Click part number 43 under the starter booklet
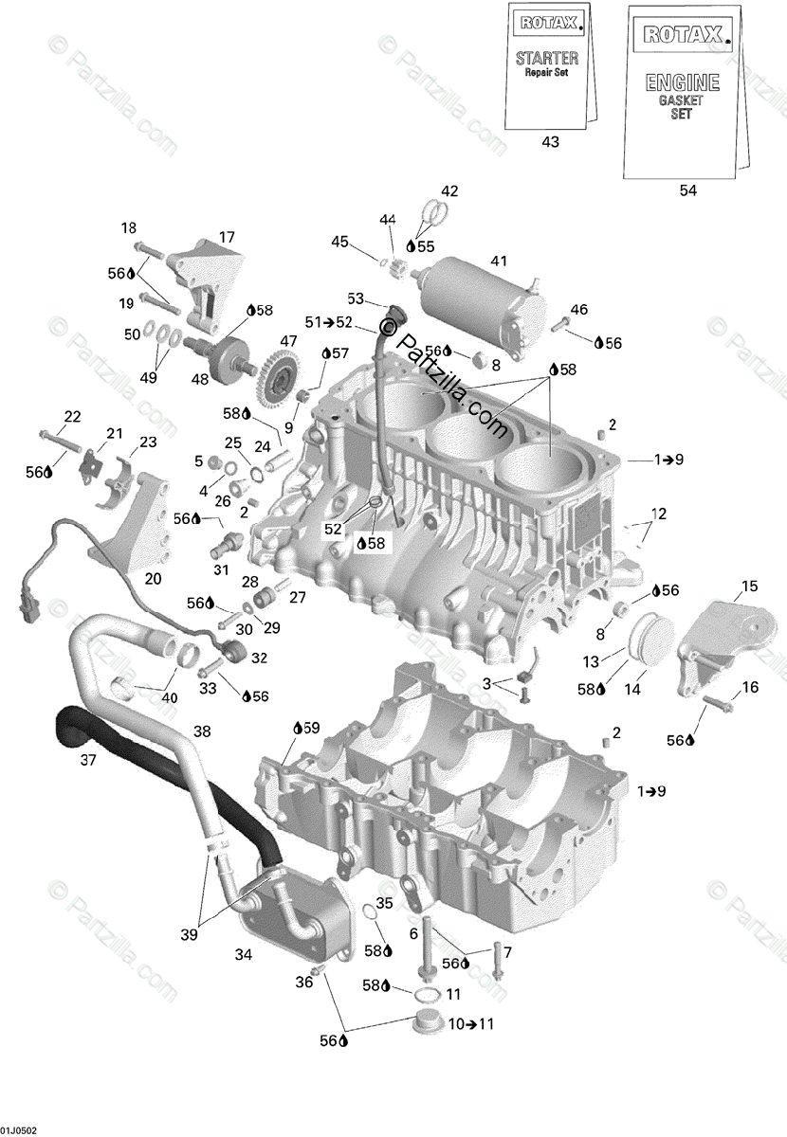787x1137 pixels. tap(550, 142)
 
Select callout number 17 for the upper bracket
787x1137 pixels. tap(227, 237)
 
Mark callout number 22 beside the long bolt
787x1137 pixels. tap(72, 416)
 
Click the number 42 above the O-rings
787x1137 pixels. tap(448, 190)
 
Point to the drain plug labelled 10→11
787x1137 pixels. tap(428, 1026)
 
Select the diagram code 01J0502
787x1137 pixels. tap(19, 1130)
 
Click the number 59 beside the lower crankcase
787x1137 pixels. tap(311, 728)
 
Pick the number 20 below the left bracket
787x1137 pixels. tap(153, 579)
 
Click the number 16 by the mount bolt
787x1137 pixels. tap(750, 687)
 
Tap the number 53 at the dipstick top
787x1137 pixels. tap(356, 298)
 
